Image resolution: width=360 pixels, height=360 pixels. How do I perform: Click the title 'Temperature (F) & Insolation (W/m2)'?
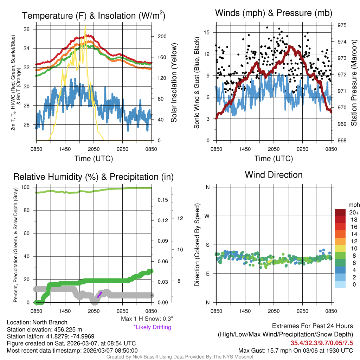(94, 16)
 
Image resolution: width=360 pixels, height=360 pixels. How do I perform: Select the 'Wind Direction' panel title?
(274, 175)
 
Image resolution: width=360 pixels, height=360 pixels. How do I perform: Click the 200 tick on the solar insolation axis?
(159, 37)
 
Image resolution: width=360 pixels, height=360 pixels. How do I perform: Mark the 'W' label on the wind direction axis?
(207, 216)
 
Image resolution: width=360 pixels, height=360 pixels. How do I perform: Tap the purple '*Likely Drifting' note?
(152, 327)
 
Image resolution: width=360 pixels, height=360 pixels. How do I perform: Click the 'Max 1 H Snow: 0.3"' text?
(147, 319)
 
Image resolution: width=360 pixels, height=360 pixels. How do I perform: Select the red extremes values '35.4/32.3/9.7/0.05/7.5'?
(322, 343)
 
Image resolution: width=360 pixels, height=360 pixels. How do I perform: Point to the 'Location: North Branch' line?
(37, 322)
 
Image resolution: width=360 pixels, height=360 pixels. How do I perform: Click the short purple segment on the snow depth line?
(100, 294)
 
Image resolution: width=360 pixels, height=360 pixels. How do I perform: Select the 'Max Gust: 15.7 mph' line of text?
(295, 350)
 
